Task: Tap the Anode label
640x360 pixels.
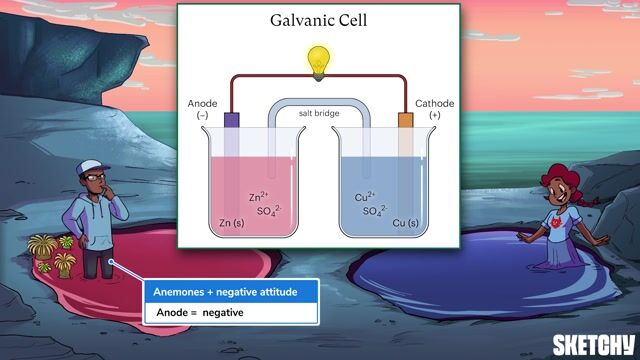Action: (x=202, y=104)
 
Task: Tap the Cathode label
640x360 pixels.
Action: (x=434, y=104)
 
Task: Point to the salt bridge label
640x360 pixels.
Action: (x=318, y=113)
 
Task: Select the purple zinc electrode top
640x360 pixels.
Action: (x=231, y=120)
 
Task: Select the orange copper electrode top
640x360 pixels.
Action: (x=405, y=121)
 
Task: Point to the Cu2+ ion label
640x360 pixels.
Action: (x=364, y=197)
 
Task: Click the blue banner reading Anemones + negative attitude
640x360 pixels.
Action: (x=231, y=292)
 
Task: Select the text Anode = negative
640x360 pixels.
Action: (x=199, y=313)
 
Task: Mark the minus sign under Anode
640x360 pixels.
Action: (x=202, y=116)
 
